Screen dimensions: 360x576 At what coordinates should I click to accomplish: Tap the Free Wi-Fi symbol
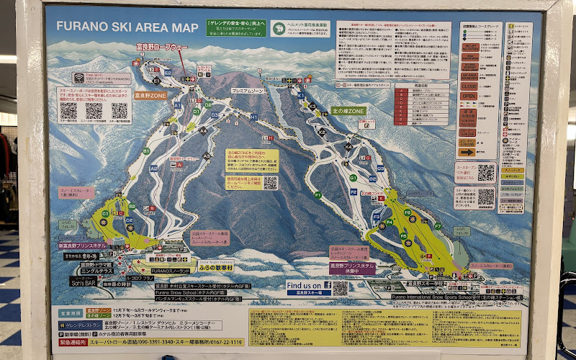click(x=78, y=78)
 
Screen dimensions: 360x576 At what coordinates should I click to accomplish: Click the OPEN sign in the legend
click(x=469, y=96)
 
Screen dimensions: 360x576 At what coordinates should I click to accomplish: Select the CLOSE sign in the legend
click(x=469, y=86)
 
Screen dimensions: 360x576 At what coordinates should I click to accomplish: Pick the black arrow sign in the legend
click(x=469, y=152)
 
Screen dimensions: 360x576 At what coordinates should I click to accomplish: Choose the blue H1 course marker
click(x=253, y=117)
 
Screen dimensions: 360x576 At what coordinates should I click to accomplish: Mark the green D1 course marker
click(x=195, y=112)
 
